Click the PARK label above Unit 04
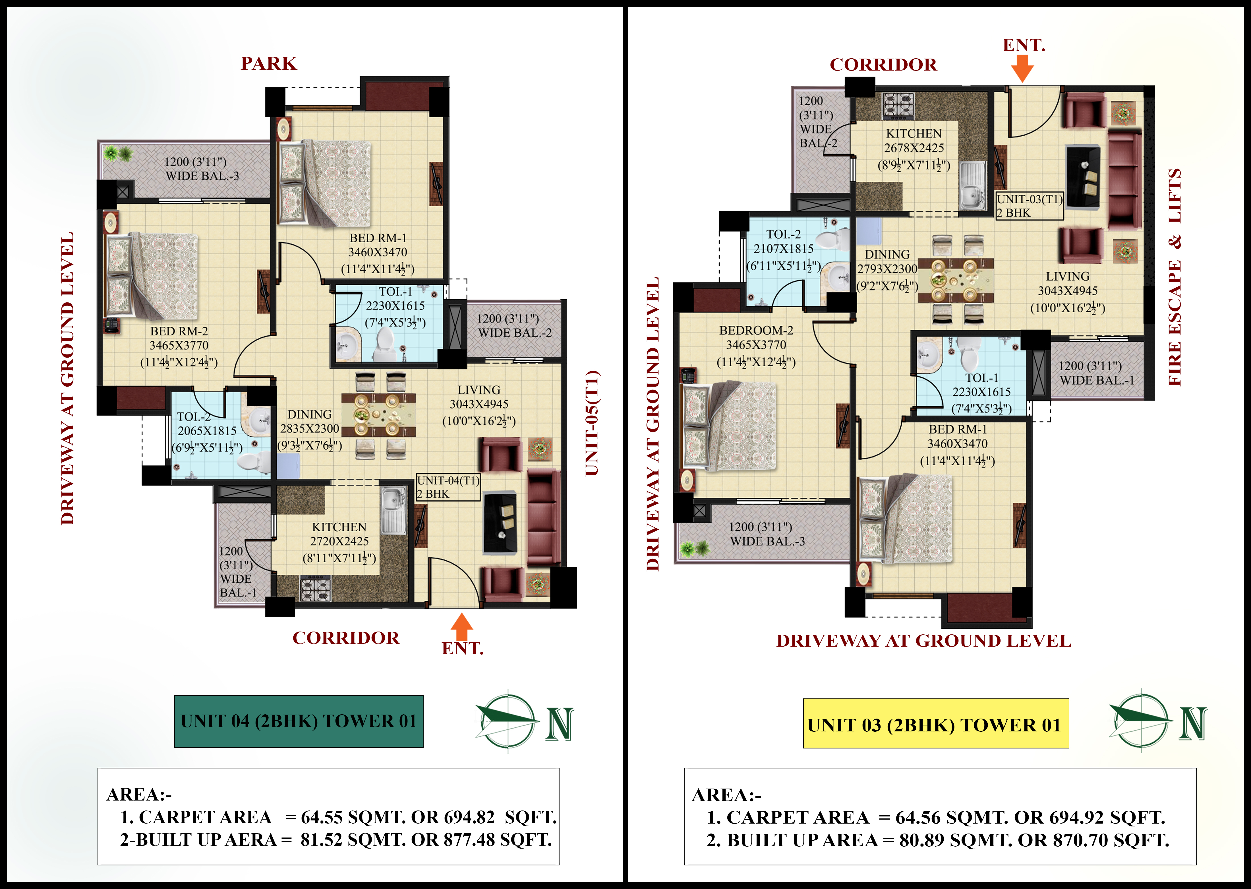[269, 63]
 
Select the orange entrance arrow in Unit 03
[1022, 69]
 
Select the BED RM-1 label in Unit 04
[378, 238]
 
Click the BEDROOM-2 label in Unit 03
[756, 331]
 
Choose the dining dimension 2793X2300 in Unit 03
[887, 269]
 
